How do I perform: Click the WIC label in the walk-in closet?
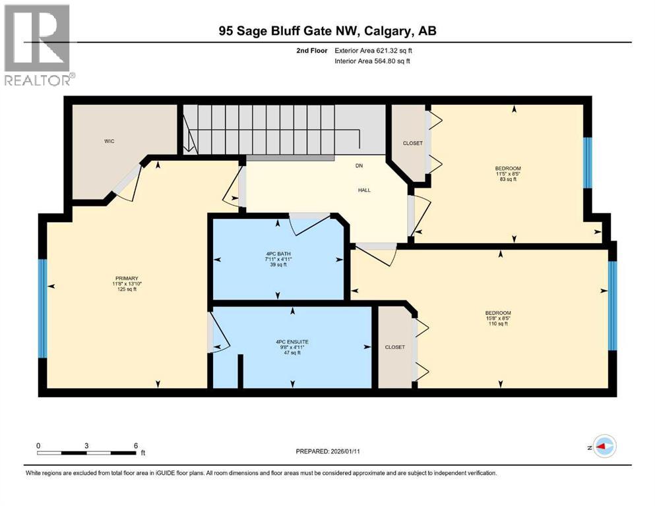coord(109,141)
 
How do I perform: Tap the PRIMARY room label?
coord(125,278)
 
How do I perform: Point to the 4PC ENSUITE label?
coord(292,341)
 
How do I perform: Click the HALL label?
coord(364,190)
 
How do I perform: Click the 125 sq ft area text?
coord(125,289)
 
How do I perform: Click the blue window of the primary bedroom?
coord(43,308)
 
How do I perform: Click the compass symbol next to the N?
coord(605,447)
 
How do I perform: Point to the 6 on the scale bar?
coord(135,445)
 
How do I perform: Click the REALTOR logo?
coord(38,46)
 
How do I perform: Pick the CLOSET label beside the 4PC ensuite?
coord(394,347)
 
